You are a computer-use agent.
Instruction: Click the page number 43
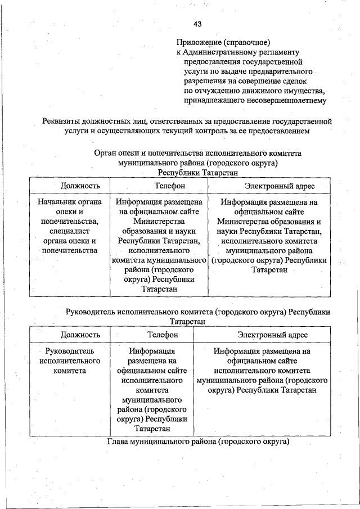(197, 24)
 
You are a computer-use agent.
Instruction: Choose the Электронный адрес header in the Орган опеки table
(270, 186)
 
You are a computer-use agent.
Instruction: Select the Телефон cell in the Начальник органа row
(159, 245)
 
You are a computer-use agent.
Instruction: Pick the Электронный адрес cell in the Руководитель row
(263, 371)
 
